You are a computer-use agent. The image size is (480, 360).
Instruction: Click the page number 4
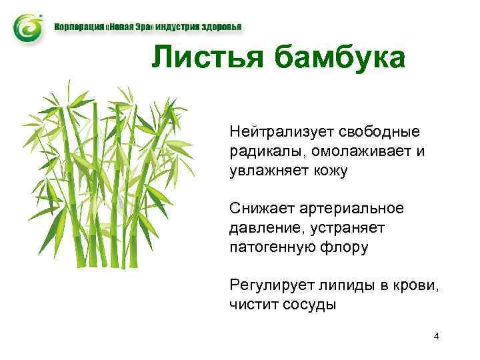point(436,336)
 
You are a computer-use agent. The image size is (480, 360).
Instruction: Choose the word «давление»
point(263,228)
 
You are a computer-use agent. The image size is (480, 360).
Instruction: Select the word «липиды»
point(340,285)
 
